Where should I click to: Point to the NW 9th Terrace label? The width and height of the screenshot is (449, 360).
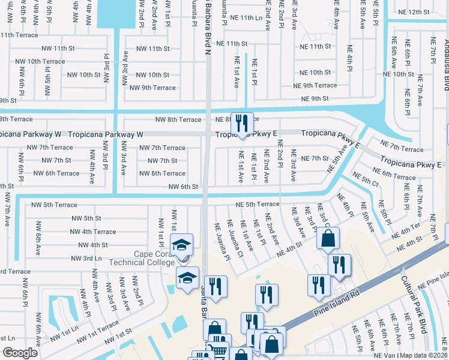click(152, 88)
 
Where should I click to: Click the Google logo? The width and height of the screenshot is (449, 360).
click(20, 352)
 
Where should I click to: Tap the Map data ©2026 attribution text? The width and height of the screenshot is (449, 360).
click(424, 355)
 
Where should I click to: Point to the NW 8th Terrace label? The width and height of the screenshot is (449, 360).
click(178, 119)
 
